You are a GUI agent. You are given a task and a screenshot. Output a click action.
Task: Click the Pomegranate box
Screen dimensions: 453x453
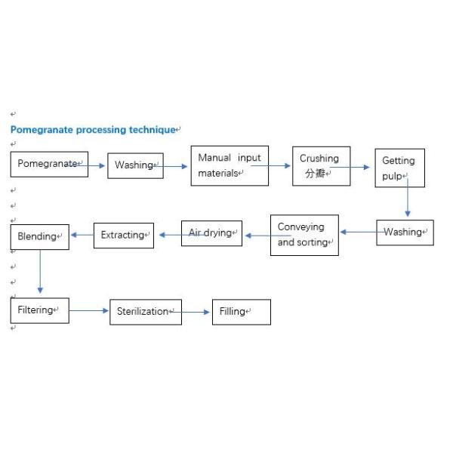[49, 164]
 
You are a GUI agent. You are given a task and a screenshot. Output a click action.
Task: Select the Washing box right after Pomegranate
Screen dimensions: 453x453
[134, 165]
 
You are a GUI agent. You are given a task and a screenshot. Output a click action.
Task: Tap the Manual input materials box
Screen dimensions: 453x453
[229, 165]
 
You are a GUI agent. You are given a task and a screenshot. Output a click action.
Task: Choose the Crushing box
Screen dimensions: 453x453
[321, 165]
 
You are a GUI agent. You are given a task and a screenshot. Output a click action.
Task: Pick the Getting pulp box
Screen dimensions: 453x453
[399, 168]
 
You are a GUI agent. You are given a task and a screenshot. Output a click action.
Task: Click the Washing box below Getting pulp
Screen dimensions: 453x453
[405, 233]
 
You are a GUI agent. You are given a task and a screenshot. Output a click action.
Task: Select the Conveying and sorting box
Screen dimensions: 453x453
[304, 235]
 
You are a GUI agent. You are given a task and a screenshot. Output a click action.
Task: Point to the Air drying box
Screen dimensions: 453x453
[211, 233]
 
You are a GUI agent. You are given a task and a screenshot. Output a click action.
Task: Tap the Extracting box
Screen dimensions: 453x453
[123, 235]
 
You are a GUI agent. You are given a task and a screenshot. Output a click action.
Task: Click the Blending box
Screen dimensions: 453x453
[40, 236]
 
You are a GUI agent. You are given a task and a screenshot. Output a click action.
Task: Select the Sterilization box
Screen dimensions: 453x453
[146, 311]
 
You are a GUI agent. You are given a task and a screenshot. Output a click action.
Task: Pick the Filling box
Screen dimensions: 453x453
[241, 311]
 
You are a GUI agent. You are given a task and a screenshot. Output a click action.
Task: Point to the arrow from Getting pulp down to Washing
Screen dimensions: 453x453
[408, 199]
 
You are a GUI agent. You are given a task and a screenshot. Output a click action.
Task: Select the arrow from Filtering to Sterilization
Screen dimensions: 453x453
[89, 310]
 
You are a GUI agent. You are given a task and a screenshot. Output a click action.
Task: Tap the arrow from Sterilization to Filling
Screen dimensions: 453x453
[196, 311]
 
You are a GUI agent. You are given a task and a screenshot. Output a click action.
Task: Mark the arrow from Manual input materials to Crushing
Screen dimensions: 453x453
[280, 166]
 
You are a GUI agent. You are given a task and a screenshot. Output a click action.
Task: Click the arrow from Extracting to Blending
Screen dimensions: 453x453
[82, 235]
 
